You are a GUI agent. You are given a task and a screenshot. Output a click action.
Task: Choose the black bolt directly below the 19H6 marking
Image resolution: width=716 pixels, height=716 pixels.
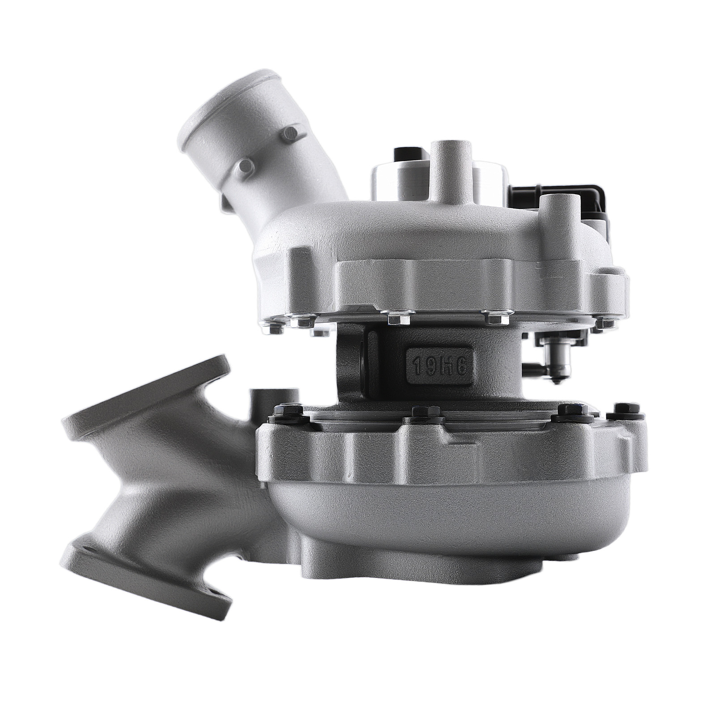coord(420,411)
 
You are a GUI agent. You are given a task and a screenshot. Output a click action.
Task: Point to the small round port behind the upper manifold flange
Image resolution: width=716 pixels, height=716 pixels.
coord(268,398)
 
